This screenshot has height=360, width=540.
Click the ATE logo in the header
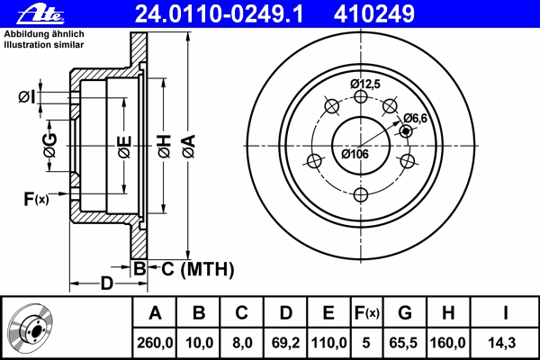[x=40, y=14]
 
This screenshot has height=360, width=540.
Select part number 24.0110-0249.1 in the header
[x=219, y=14]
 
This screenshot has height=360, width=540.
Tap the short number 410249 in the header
[x=374, y=14]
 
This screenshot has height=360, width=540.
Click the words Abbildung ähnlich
[x=44, y=34]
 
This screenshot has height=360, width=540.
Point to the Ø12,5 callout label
[x=365, y=84]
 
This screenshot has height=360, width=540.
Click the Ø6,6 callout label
[x=415, y=118]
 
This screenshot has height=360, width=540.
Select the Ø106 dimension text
[x=355, y=154]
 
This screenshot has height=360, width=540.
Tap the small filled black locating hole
[x=406, y=130]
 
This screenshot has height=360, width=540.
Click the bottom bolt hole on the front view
[x=361, y=194]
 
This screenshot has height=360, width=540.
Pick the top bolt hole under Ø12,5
[x=361, y=96]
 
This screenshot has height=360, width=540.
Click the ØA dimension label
[x=189, y=147]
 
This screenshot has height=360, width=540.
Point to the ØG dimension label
[x=49, y=146]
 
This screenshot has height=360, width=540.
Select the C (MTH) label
[x=198, y=269]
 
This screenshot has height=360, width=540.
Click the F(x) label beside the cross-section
[x=36, y=199]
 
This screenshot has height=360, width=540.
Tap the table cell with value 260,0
[x=155, y=343]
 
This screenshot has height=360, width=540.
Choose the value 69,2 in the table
[x=286, y=343]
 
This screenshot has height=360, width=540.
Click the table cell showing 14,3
[x=502, y=343]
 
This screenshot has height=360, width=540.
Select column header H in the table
[x=448, y=313]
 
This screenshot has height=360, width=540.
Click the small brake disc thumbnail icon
[x=31, y=327]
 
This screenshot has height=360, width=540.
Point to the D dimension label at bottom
[x=107, y=283]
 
